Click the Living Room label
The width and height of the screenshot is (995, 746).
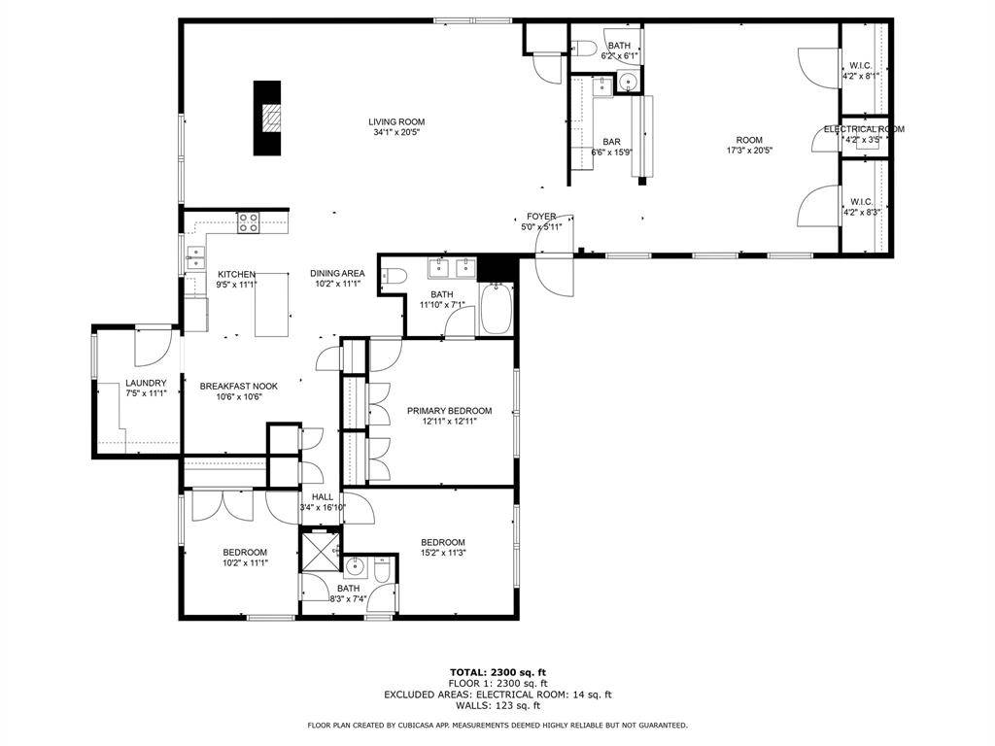[396, 121]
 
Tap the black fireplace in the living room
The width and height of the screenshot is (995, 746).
[267, 118]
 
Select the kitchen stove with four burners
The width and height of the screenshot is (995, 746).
[248, 222]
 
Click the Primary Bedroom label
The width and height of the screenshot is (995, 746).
[449, 411]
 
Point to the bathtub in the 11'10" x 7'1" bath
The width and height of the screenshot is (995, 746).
[496, 309]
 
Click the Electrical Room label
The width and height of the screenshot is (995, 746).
[864, 129]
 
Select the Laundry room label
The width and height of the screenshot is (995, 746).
[146, 383]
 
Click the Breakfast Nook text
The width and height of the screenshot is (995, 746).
[239, 387]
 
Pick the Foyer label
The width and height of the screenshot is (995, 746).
[541, 217]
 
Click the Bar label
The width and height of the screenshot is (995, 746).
[612, 142]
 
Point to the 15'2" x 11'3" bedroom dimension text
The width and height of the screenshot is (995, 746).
[443, 553]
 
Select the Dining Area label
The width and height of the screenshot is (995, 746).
[337, 273]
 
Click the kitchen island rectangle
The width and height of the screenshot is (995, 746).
[272, 304]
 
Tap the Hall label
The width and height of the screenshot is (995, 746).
[323, 496]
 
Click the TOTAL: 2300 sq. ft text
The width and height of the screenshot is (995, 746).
[498, 672]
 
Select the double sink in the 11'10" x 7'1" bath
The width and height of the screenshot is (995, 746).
[453, 268]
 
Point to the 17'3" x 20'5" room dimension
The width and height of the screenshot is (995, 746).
[749, 151]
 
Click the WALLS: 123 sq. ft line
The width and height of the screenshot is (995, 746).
[498, 705]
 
